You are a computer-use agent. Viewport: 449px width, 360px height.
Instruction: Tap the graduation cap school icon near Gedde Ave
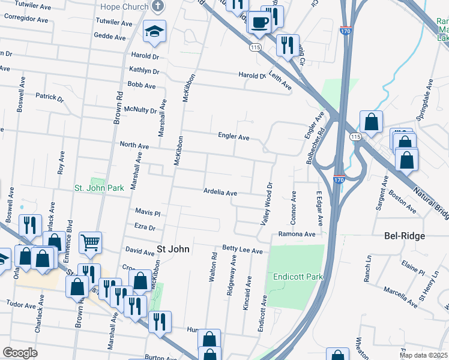point(155,31)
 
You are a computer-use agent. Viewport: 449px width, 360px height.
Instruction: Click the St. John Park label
point(99,188)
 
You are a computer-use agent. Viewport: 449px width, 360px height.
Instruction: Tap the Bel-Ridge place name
point(405,236)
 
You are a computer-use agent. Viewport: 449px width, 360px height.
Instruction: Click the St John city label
point(173,248)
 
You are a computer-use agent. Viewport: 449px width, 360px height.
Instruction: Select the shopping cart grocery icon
point(91,243)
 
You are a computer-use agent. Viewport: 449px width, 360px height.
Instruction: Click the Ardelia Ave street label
point(220,193)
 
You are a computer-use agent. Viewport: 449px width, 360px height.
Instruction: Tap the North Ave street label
point(134,145)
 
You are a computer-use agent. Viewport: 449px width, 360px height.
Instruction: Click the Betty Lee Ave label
point(243,250)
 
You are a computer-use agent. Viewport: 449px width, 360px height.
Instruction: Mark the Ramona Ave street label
point(296,234)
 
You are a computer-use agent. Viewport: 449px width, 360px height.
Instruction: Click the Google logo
point(20,353)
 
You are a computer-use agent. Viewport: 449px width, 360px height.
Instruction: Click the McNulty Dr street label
point(140,110)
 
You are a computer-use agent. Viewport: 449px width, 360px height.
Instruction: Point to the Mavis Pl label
point(148,212)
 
